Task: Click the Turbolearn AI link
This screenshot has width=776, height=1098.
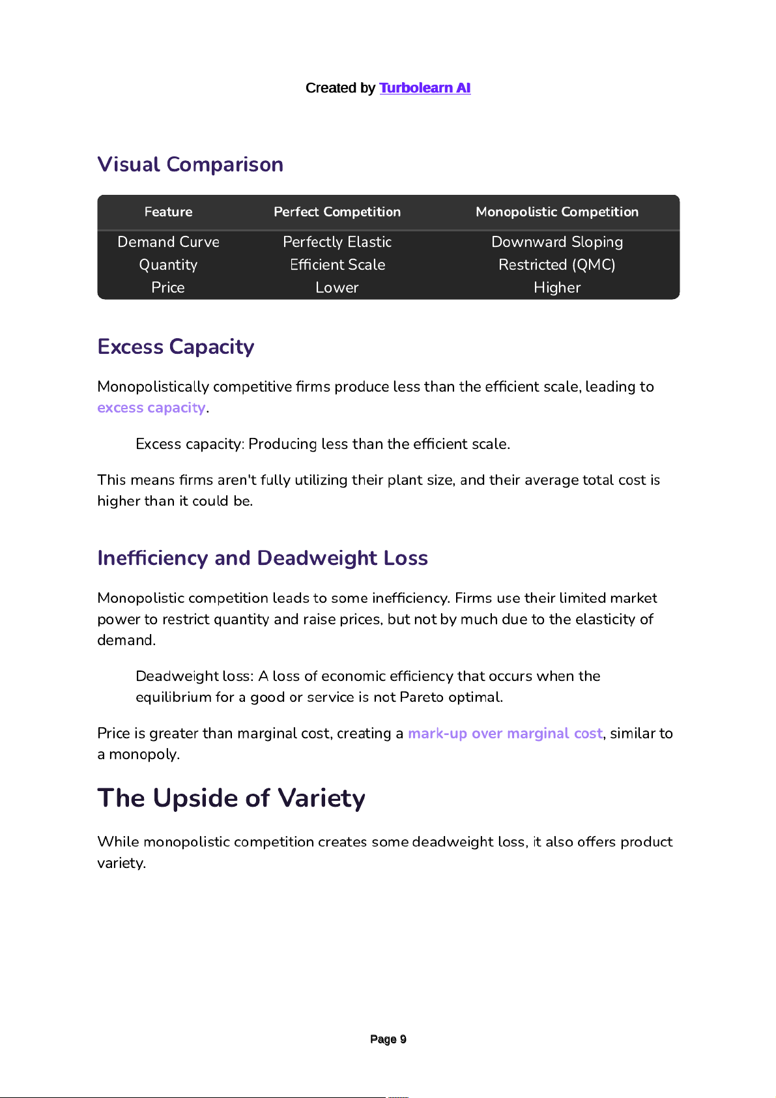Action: tap(424, 88)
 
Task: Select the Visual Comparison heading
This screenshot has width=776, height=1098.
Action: tap(190, 164)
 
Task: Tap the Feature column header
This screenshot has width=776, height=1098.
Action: tap(168, 212)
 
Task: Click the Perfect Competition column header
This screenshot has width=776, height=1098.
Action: tap(337, 212)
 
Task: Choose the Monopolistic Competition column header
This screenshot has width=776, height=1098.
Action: tap(556, 212)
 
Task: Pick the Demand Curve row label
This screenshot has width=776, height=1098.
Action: tap(168, 242)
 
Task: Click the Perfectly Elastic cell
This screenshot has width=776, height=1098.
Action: tap(337, 242)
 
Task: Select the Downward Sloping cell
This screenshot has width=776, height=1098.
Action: tap(556, 242)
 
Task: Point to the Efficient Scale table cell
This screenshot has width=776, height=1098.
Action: tap(337, 265)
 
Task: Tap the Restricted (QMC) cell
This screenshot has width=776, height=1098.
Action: tap(556, 265)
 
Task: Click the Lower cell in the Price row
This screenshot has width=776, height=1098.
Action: tap(337, 287)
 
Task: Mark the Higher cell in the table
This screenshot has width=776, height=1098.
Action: tap(556, 287)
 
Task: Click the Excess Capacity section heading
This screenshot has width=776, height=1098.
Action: tap(175, 347)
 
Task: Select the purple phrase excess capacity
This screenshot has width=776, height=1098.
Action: tap(151, 408)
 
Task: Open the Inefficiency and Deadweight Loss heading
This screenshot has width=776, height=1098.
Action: tap(262, 558)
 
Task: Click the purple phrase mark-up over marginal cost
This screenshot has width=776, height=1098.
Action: tap(505, 734)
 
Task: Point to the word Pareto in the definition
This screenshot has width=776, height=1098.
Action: tap(421, 697)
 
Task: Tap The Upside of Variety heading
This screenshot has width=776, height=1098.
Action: tap(231, 798)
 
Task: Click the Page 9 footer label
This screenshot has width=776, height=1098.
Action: tap(388, 1039)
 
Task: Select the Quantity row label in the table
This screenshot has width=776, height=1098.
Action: tap(168, 265)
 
